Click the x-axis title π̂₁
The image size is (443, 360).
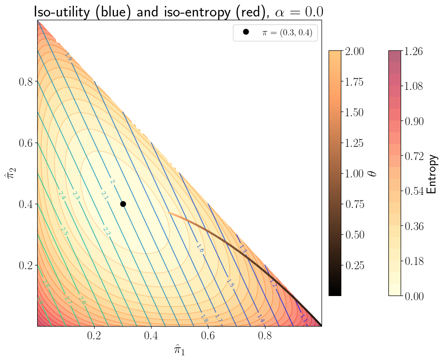pyautogui.click(x=179, y=350)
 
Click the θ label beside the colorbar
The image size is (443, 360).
pyautogui.click(x=373, y=173)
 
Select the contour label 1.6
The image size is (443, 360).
pyautogui.click(x=200, y=248)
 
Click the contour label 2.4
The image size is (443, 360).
pyautogui.click(x=62, y=195)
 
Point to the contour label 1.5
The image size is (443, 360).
pyautogui.click(x=230, y=283)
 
